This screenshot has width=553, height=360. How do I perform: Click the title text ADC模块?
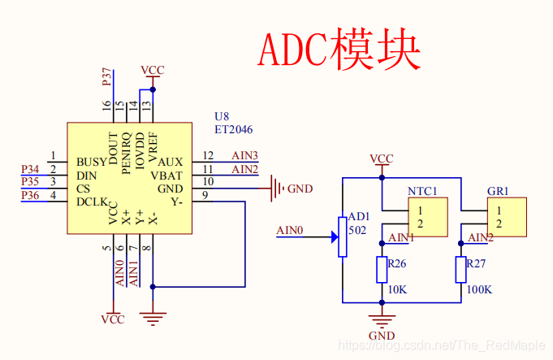coord(339,50)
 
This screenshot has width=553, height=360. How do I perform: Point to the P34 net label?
coord(30,169)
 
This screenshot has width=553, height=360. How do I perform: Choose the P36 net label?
coord(30,196)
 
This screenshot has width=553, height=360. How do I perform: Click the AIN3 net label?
coord(244,155)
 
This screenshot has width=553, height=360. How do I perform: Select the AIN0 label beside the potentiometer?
coord(290,230)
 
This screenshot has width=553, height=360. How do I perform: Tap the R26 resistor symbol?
coord(382,270)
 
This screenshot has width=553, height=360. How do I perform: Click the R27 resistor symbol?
coord(460,270)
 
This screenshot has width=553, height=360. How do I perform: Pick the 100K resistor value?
coord(479,290)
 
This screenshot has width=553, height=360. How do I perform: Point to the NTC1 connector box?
coord(427,217)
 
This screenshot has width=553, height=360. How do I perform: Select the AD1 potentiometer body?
coord(343,236)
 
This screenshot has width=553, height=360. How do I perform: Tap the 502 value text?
coord(357,230)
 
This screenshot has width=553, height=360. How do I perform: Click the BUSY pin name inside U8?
coord(92,162)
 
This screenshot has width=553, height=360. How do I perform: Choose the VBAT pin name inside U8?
coord(167,175)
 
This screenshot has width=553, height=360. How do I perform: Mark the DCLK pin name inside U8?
coord(92,202)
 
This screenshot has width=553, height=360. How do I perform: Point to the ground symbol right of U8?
coord(277,189)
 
